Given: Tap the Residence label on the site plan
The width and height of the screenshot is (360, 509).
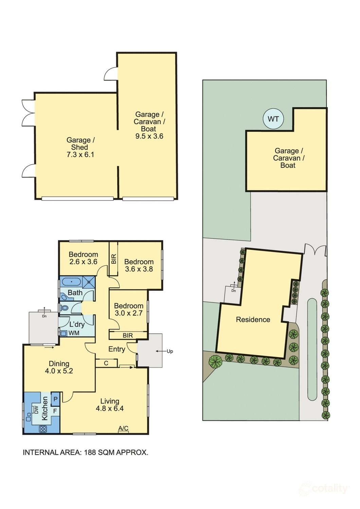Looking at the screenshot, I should (x=253, y=319).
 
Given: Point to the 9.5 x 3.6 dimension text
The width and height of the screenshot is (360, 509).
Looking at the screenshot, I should (x=149, y=136).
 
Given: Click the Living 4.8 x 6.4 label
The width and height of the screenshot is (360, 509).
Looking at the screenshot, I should (x=109, y=405).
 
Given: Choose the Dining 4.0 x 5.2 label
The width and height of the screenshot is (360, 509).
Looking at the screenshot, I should (x=59, y=367).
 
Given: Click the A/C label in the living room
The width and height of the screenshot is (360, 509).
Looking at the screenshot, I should (x=123, y=429).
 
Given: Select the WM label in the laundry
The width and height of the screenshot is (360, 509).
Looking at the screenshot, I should (x=73, y=333).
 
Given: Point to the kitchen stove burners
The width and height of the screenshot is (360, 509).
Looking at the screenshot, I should (x=43, y=429).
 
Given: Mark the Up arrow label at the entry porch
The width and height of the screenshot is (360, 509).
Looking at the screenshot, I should (x=169, y=351).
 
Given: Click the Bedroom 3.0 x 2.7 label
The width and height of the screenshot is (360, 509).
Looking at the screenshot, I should (x=128, y=309).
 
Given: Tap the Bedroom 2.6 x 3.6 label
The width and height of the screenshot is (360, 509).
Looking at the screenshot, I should (x=83, y=258).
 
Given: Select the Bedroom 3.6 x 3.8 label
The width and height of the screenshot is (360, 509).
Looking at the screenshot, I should (x=139, y=265).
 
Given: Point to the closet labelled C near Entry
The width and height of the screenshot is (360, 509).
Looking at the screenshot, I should (x=106, y=363).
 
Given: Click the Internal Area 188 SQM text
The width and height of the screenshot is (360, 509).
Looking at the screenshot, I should (x=85, y=452).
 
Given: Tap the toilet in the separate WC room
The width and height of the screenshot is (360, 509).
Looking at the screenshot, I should (x=65, y=308).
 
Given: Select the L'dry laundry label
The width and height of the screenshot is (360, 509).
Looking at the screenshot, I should (x=77, y=324).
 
